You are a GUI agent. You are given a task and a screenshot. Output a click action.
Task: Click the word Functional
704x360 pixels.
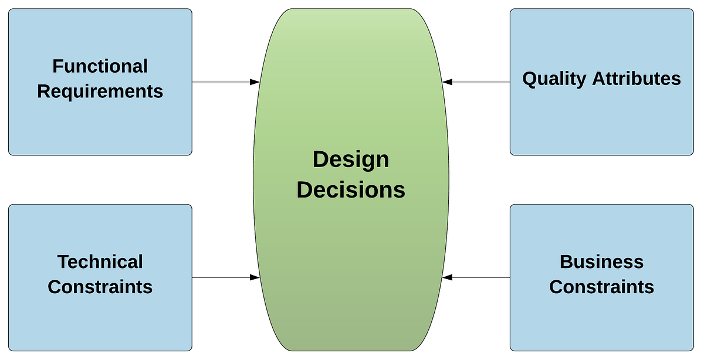100,66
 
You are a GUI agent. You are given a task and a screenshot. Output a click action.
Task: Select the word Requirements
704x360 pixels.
100,91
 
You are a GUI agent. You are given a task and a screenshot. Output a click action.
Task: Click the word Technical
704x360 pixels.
100,261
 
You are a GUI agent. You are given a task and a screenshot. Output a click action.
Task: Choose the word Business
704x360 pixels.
601,261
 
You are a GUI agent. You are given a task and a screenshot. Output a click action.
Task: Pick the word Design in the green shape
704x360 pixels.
350,159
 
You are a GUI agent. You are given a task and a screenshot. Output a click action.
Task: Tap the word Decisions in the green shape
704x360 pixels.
350,190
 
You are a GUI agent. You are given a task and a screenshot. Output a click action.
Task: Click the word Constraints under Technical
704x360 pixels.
100,287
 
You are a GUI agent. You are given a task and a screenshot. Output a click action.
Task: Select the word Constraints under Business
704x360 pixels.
601,287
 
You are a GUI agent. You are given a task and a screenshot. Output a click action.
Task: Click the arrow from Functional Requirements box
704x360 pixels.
223,82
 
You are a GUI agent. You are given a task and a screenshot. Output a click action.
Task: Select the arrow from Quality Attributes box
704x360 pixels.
478,82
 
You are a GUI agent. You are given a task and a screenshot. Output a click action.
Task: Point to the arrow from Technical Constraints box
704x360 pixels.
223,277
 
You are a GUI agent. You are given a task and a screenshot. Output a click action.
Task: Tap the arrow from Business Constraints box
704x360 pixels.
478,277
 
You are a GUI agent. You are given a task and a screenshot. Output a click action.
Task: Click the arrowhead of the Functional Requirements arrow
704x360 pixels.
255,82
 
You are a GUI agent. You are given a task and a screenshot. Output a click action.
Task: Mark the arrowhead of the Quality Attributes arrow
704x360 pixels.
448,82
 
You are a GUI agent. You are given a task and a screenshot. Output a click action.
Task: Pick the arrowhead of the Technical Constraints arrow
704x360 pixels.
255,277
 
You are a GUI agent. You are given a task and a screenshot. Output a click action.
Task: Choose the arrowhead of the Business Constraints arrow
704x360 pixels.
448,277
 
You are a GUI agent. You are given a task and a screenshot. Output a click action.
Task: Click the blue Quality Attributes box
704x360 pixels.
601,123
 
